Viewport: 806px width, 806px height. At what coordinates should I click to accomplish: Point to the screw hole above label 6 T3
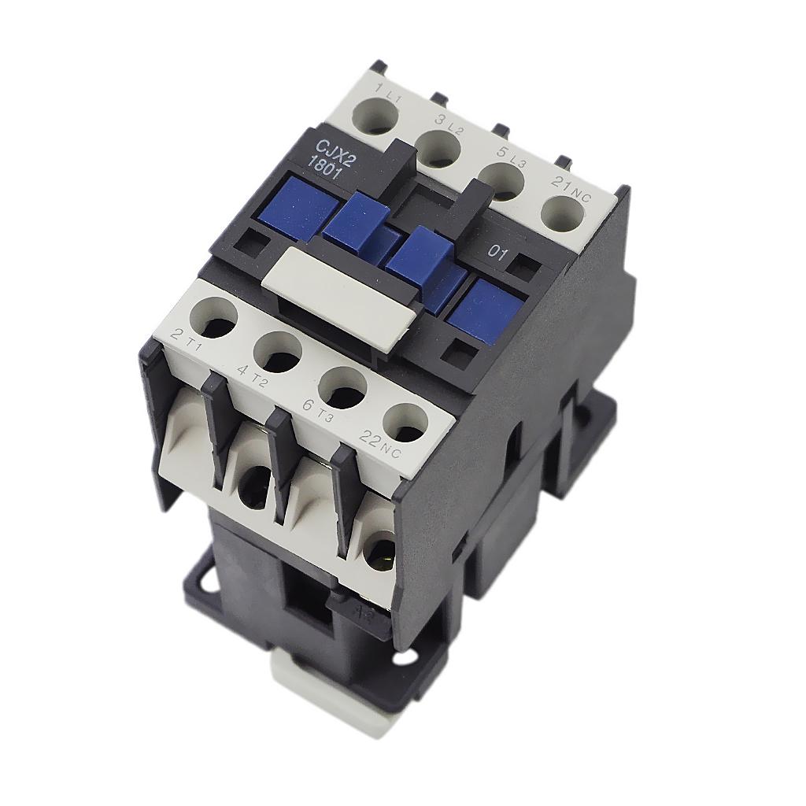(x=342, y=386)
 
